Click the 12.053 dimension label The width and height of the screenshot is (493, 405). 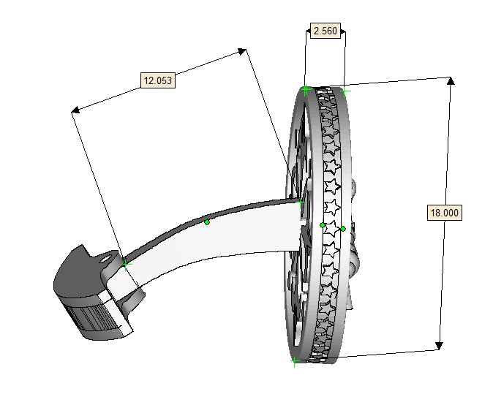pos(157,80)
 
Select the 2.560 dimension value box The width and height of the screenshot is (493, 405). pos(325,31)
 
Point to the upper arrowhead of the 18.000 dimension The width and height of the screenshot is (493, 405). pos(451,80)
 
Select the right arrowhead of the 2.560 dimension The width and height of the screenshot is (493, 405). pos(343,32)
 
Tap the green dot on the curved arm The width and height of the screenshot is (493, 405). pos(207,222)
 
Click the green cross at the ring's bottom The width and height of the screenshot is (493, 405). pos(294,360)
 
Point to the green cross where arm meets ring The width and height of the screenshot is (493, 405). pos(301,201)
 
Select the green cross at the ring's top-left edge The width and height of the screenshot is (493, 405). pos(306,90)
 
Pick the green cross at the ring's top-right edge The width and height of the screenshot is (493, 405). pos(344,91)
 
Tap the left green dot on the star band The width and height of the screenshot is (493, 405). pos(323,225)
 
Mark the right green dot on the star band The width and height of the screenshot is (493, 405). pos(342,229)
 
